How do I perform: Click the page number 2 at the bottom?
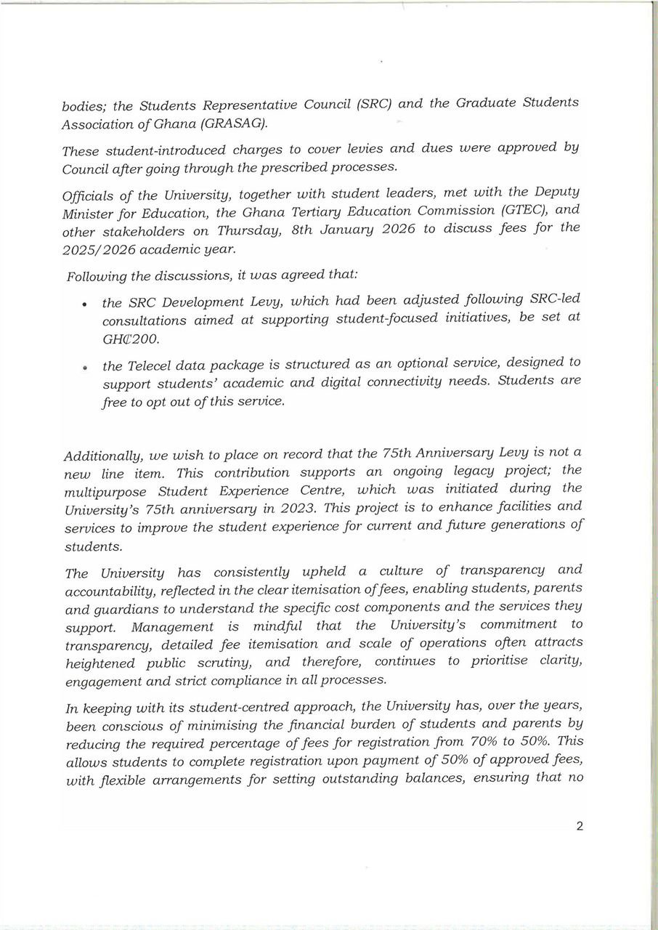tap(579, 826)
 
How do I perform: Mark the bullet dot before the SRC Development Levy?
tap(86, 304)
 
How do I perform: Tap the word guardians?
tap(124, 607)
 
